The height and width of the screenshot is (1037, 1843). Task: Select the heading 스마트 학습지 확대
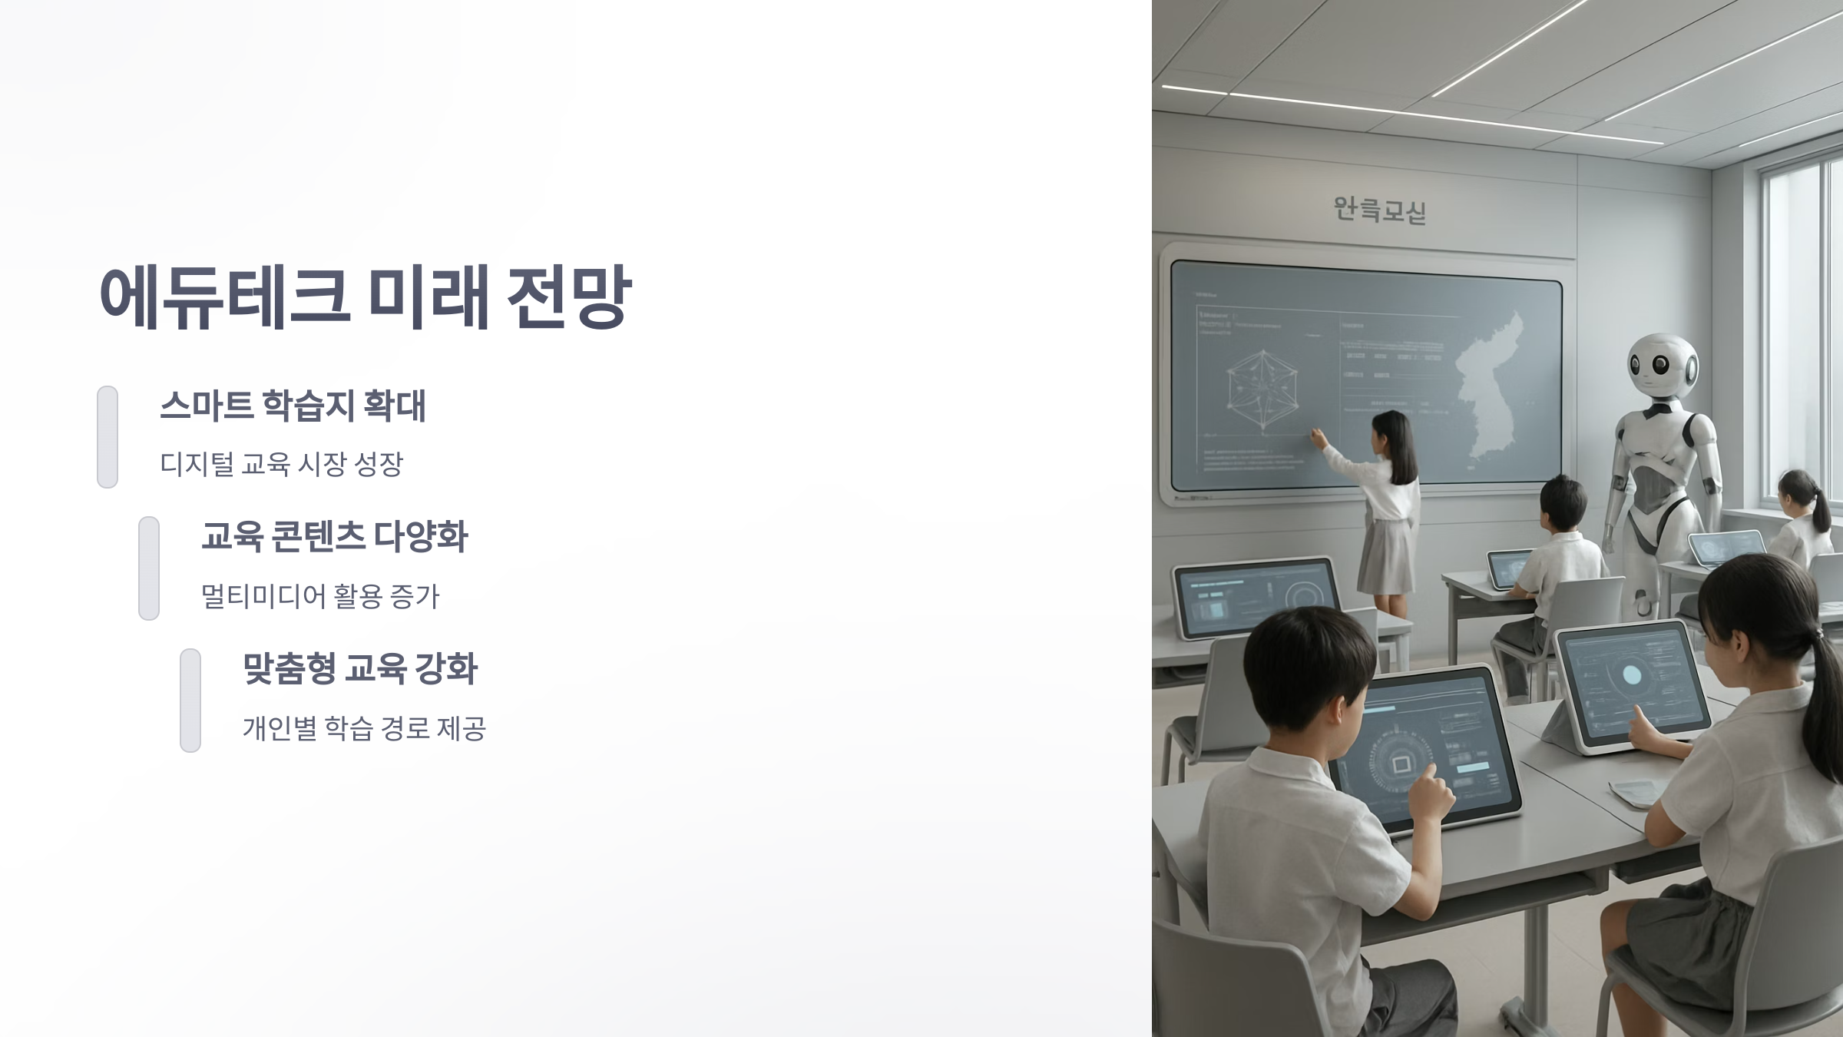click(x=292, y=406)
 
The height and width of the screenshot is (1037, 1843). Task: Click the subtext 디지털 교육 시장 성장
click(x=281, y=464)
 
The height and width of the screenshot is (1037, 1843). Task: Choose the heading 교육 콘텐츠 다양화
click(x=334, y=536)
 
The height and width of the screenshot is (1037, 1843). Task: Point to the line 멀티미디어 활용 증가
click(x=319, y=596)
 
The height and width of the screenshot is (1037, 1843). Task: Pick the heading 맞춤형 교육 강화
click(x=360, y=668)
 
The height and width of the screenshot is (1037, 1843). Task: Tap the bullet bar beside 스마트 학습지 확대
click(x=108, y=436)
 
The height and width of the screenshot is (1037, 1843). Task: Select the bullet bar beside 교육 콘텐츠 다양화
click(x=149, y=568)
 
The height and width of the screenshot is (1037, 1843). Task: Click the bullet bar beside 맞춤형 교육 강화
click(x=190, y=700)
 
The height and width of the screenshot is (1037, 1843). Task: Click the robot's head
click(x=1663, y=366)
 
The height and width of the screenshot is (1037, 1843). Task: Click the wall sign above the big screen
click(x=1379, y=209)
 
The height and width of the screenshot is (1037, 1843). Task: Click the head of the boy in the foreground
click(x=1305, y=668)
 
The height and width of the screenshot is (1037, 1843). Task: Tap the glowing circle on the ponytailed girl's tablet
click(x=1631, y=675)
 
